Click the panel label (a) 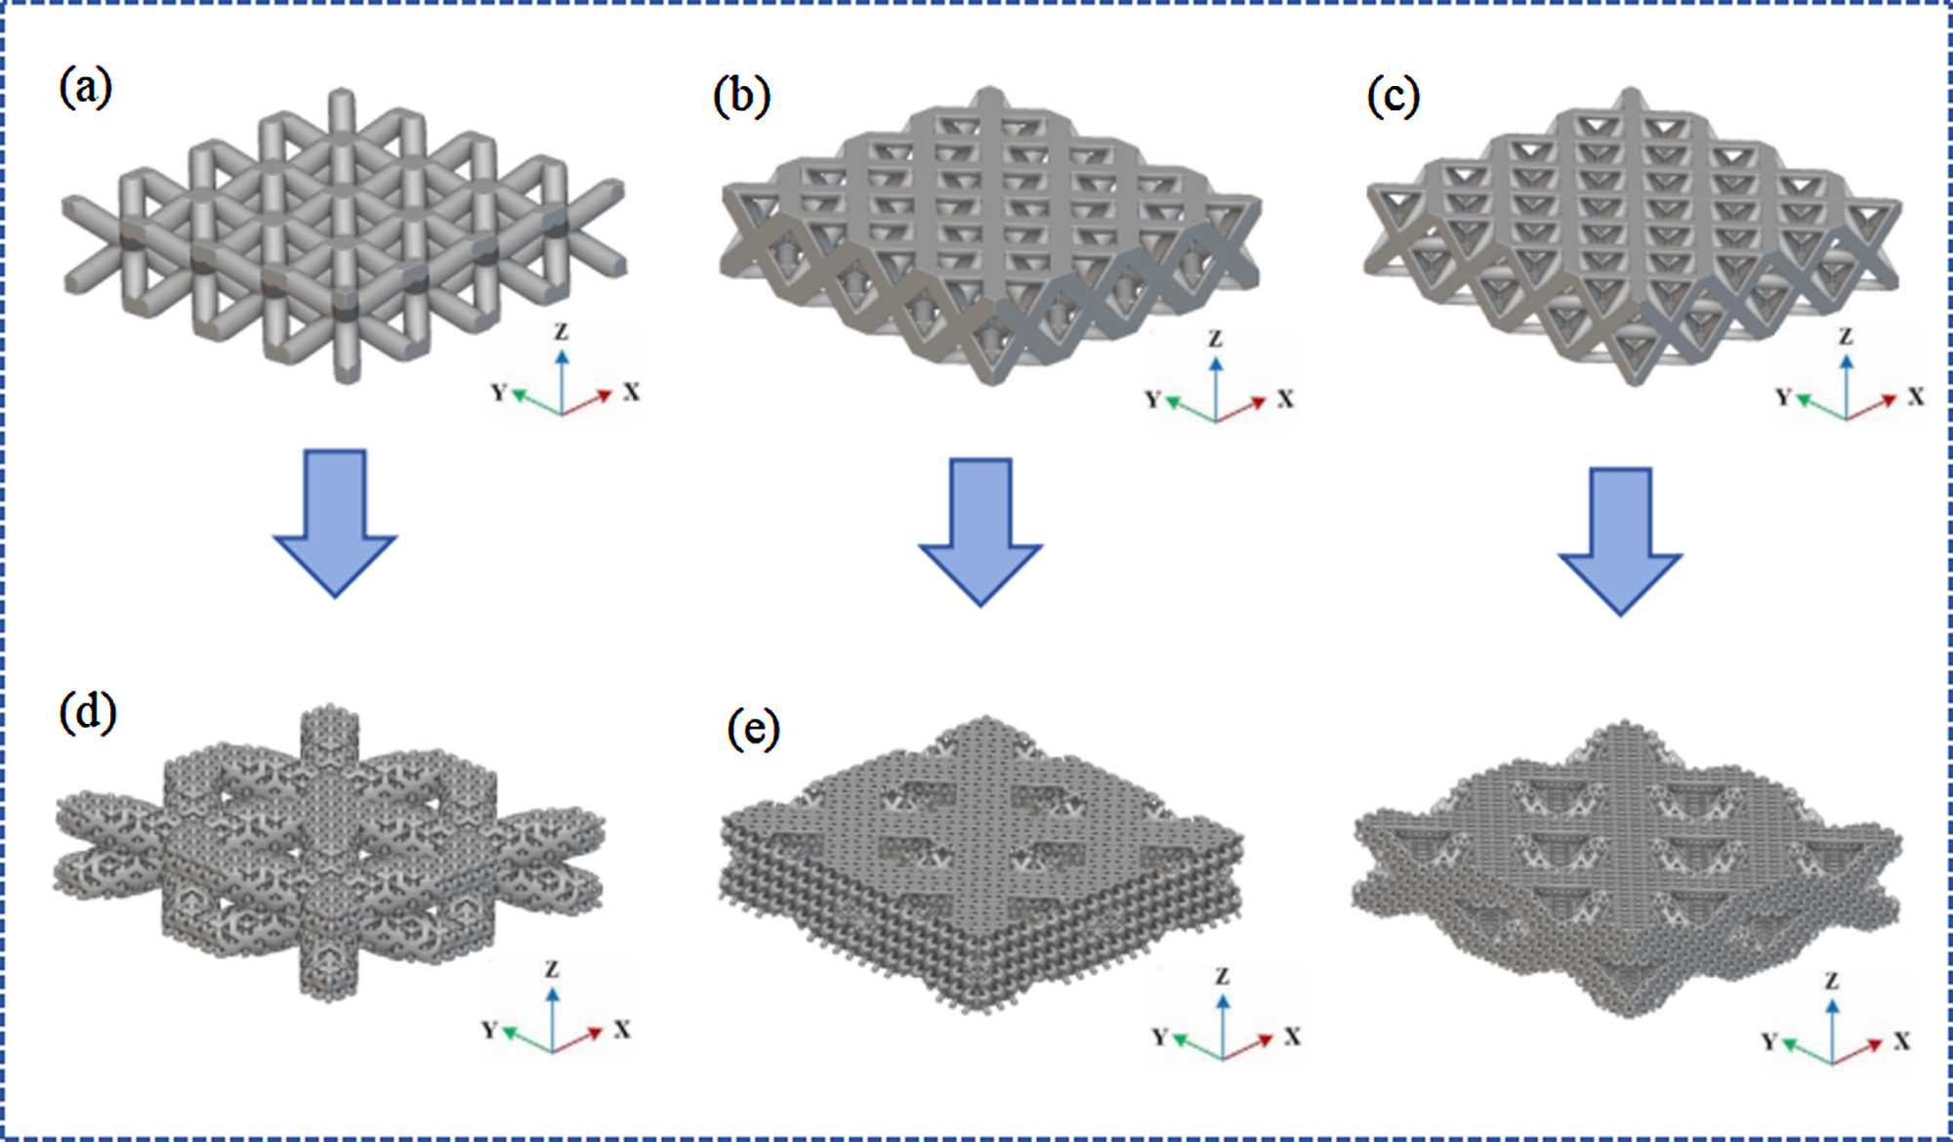point(86,89)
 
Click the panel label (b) point(741,96)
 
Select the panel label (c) point(1392,96)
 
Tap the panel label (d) point(88,712)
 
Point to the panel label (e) point(753,729)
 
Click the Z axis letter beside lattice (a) point(561,332)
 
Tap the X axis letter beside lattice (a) point(632,393)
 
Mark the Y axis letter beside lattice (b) point(1152,400)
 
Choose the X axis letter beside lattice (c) point(1916,397)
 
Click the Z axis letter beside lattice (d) point(552,969)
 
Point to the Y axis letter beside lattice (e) point(1159,1036)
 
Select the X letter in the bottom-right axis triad point(1902,1041)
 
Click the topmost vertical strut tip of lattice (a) point(341,98)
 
